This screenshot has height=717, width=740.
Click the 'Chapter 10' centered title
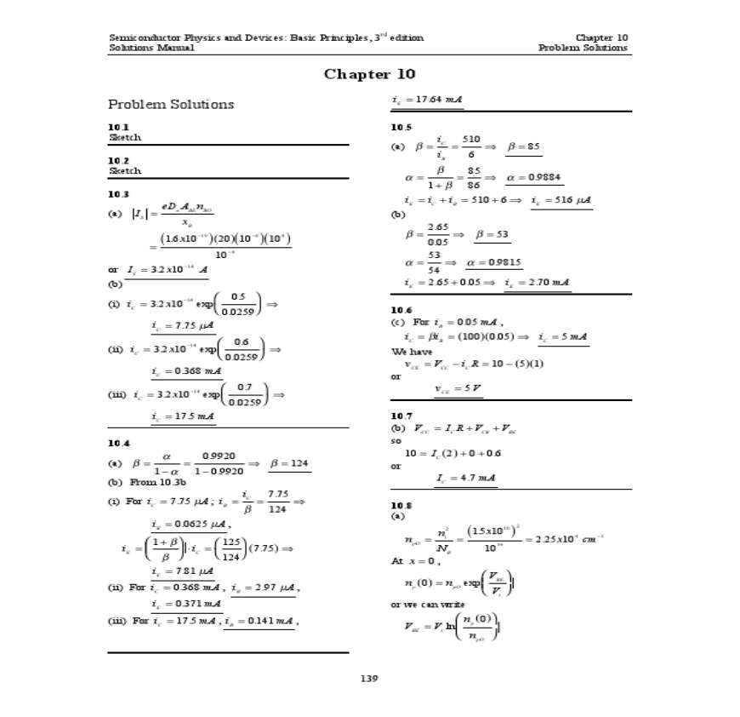pos(369,74)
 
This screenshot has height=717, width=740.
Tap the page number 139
pos(369,679)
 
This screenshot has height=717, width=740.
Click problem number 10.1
pos(118,127)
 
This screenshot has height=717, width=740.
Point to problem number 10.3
pos(118,194)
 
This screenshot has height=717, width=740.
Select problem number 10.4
pos(118,443)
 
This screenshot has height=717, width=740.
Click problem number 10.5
pos(401,127)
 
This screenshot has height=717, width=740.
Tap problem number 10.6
pos(401,310)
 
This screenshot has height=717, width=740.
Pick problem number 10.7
pos(401,415)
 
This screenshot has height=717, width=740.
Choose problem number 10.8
pos(401,505)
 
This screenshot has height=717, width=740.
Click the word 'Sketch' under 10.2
pos(124,170)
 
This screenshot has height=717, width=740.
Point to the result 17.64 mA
pos(427,100)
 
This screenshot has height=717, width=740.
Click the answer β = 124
pos(289,463)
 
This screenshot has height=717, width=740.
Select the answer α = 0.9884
pos(533,178)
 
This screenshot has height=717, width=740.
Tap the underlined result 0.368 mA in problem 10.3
pos(182,370)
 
